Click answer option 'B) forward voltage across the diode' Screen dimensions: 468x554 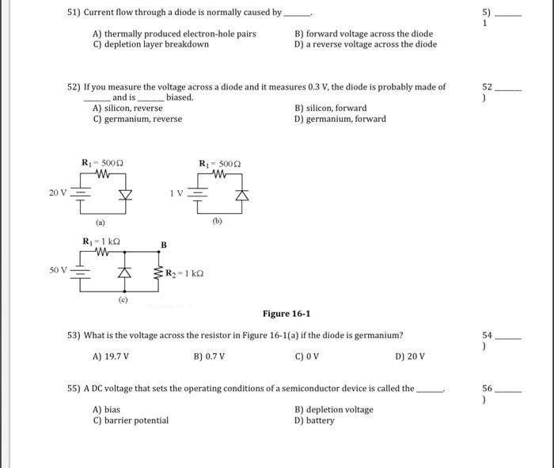(x=363, y=34)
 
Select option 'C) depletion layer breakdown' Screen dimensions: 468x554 (x=150, y=44)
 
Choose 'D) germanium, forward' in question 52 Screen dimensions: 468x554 (x=340, y=119)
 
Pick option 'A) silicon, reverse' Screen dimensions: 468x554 (x=127, y=108)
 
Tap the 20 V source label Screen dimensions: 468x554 (x=58, y=192)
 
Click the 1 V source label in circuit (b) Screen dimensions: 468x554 (x=177, y=192)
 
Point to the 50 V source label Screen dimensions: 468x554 (x=58, y=271)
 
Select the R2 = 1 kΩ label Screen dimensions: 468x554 (x=185, y=273)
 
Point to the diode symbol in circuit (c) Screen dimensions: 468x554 (x=123, y=273)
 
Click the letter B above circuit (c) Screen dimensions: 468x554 (x=164, y=245)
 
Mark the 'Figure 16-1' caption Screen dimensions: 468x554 (x=286, y=314)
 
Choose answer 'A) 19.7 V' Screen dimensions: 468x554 (x=111, y=356)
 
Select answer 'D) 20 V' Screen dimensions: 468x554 (x=409, y=356)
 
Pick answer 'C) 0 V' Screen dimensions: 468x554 (x=306, y=356)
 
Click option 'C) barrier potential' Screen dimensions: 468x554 (x=131, y=420)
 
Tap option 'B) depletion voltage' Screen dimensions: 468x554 (x=333, y=409)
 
